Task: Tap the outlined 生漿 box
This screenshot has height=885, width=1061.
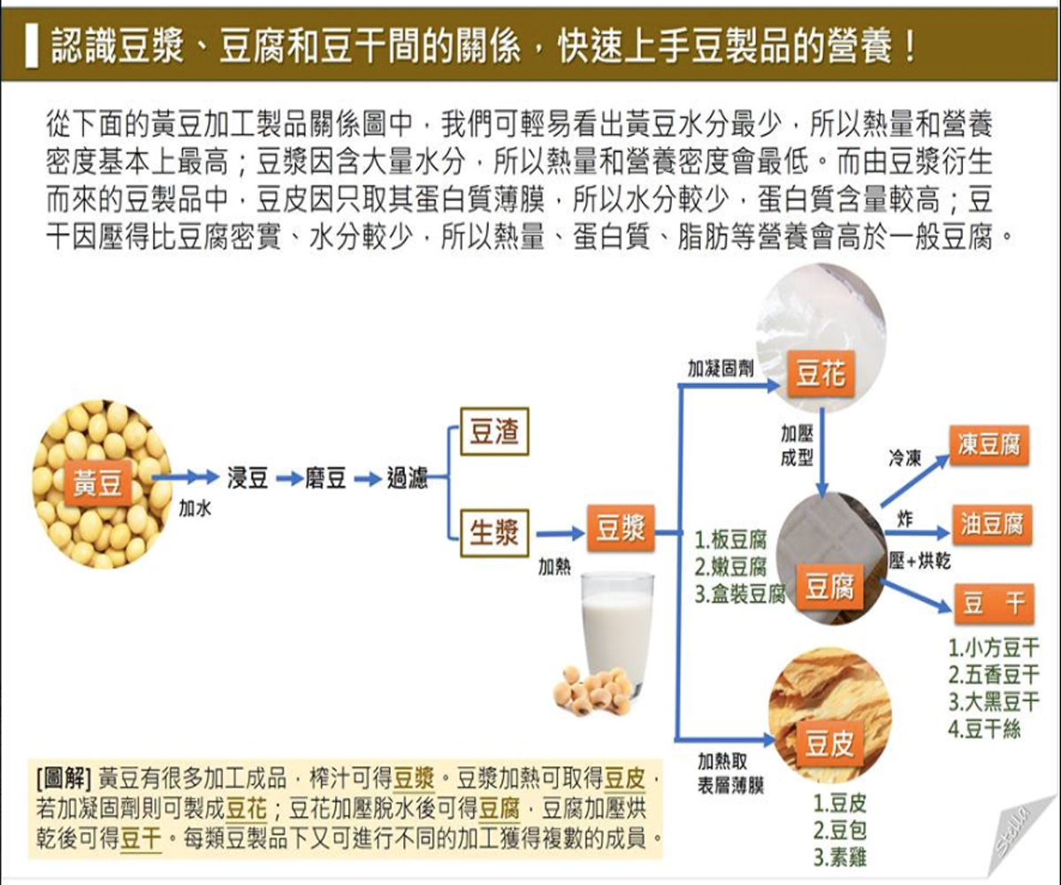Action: [x=493, y=533]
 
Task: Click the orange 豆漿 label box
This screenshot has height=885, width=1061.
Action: [x=620, y=530]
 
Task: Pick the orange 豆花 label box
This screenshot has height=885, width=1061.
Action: [x=820, y=374]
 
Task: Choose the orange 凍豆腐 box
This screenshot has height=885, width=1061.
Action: [x=989, y=444]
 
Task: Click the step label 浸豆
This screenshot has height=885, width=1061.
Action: [x=248, y=480]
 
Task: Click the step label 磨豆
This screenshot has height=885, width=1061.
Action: [x=324, y=480]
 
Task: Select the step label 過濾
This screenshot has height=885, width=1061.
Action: [x=407, y=480]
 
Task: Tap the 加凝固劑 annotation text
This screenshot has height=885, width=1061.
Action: [x=721, y=368]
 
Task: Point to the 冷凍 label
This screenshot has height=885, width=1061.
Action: [x=905, y=458]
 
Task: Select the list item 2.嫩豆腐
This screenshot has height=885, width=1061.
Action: [x=730, y=566]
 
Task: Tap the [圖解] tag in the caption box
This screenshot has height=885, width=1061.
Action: [x=64, y=778]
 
